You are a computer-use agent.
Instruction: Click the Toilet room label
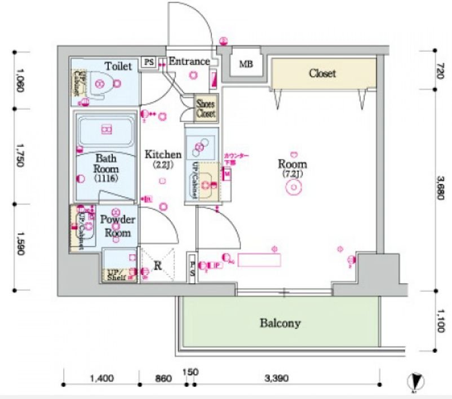click(x=118, y=66)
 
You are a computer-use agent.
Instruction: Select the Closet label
click(x=322, y=73)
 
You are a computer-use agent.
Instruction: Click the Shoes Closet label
click(x=206, y=109)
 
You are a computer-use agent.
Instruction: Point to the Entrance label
click(x=189, y=61)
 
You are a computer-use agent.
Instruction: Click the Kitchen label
click(x=163, y=154)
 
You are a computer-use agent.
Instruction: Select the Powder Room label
click(x=118, y=225)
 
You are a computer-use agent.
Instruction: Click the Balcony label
click(x=280, y=323)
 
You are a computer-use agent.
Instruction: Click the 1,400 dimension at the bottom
click(x=101, y=378)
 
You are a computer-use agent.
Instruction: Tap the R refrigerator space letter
click(x=158, y=265)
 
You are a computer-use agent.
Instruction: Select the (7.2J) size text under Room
click(x=293, y=174)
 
